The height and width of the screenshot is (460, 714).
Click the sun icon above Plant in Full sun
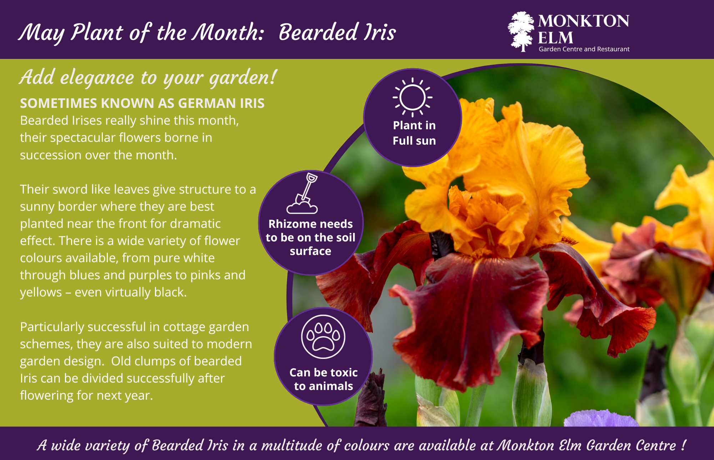413,97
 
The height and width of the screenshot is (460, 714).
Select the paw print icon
323,337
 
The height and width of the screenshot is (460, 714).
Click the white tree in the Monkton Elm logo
521,31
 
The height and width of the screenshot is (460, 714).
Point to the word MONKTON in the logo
583,21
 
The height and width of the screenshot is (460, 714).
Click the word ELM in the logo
555,37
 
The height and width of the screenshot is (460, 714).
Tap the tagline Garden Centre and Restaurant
584,49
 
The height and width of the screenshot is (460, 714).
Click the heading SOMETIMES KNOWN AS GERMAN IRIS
142,103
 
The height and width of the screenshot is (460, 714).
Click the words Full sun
414,141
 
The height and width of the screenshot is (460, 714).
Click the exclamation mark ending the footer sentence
683,445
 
